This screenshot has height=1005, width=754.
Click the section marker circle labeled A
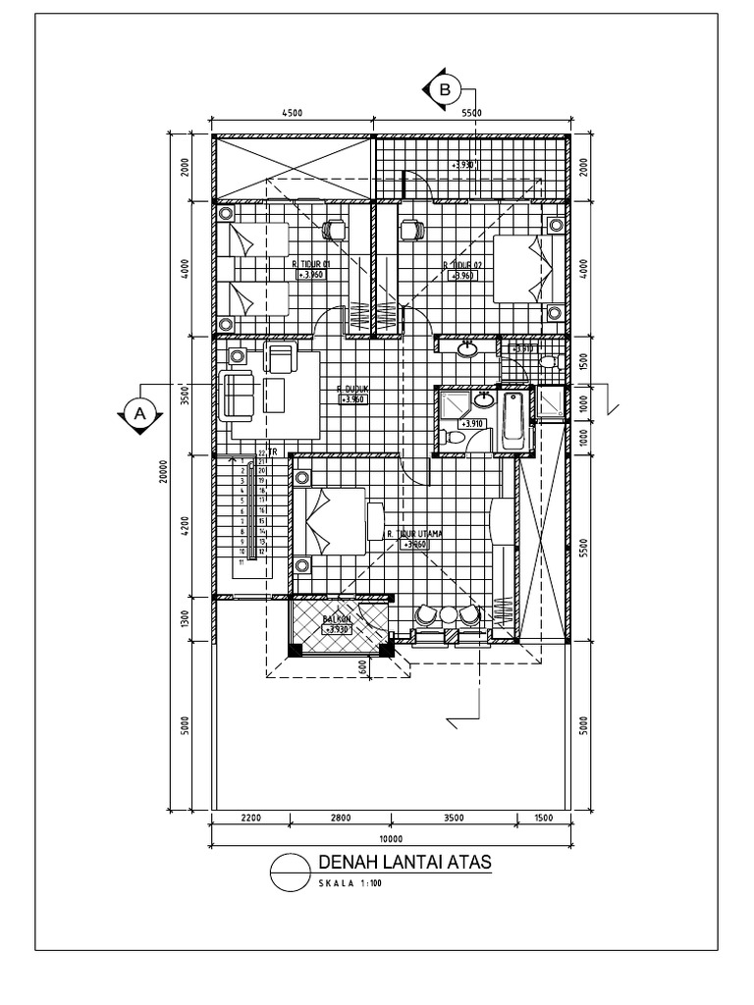click(x=138, y=414)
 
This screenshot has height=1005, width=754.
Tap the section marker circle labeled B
click(x=445, y=89)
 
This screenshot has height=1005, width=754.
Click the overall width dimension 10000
click(x=391, y=838)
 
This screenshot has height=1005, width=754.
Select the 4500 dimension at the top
click(x=292, y=113)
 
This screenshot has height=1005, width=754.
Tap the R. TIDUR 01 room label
click(x=308, y=264)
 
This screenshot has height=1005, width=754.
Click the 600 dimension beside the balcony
click(x=362, y=667)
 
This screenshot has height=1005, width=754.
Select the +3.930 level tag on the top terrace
click(x=464, y=165)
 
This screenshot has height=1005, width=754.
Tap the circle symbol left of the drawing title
click(x=290, y=871)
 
